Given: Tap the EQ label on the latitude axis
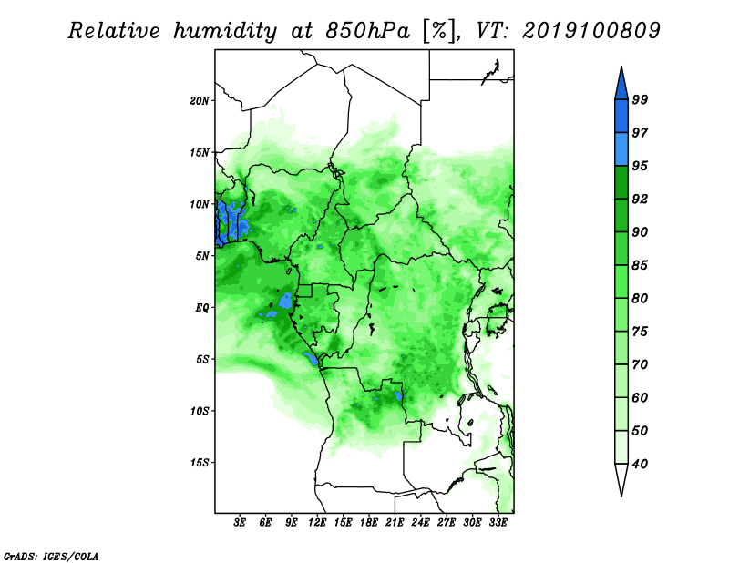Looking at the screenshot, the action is tap(202, 308).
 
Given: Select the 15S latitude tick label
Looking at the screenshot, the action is tap(200, 463).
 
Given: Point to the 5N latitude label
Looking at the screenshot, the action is tap(203, 256).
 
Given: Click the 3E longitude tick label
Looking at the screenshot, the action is tap(240, 523).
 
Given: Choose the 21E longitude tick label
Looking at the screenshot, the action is tap(395, 523).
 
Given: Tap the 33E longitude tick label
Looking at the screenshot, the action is tap(498, 523).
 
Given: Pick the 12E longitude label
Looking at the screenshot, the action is tap(317, 523).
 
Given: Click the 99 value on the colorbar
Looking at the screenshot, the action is tap(640, 99).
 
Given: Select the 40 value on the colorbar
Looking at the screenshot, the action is tap(640, 464).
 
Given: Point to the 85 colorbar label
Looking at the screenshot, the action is tap(640, 265).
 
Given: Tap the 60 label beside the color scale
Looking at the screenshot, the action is tap(640, 397).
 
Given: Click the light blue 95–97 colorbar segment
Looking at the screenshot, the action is tap(621, 149).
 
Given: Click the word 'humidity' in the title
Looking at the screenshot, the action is tap(225, 32).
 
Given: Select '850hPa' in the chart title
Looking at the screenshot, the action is tap(368, 31).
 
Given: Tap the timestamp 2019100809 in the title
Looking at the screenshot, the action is tap(590, 31).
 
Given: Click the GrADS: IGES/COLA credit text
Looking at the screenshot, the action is tap(51, 556).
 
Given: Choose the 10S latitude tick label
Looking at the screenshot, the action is tap(200, 411).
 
